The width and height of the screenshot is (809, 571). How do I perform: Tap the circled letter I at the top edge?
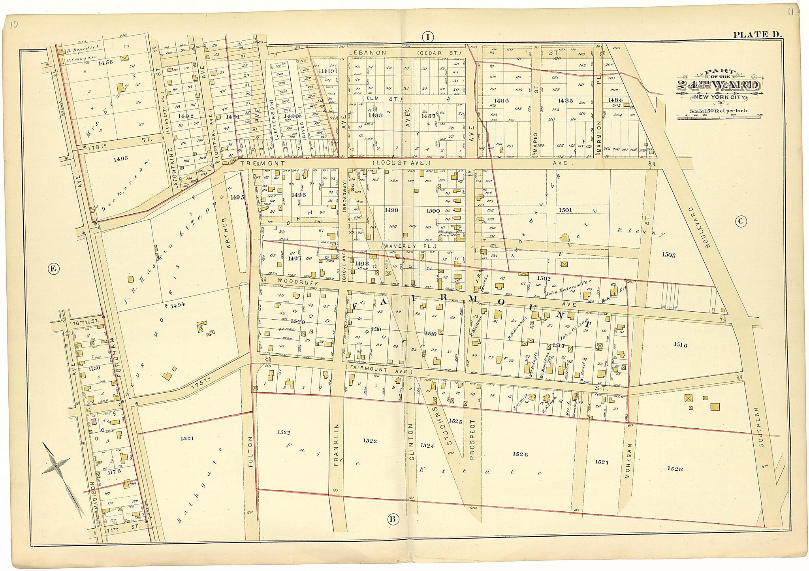427,38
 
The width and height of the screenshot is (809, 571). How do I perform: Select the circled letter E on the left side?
53,269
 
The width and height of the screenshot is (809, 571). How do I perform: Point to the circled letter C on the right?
741,221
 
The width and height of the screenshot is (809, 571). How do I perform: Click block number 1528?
675,469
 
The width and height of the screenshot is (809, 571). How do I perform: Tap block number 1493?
120,158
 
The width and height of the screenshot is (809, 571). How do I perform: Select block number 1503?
668,255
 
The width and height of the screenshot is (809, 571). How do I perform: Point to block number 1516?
681,345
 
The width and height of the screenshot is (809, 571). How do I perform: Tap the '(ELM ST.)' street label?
382,99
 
